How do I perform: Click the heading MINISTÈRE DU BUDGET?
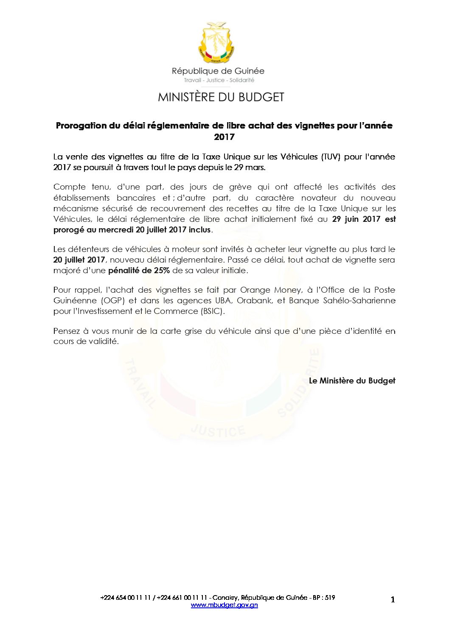click(221, 97)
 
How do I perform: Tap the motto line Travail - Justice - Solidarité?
click(219, 80)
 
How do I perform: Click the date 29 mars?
click(249, 168)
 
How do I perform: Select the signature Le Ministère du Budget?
click(352, 381)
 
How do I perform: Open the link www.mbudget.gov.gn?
click(224, 605)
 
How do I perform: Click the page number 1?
click(393, 599)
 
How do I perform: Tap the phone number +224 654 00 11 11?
click(126, 598)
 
